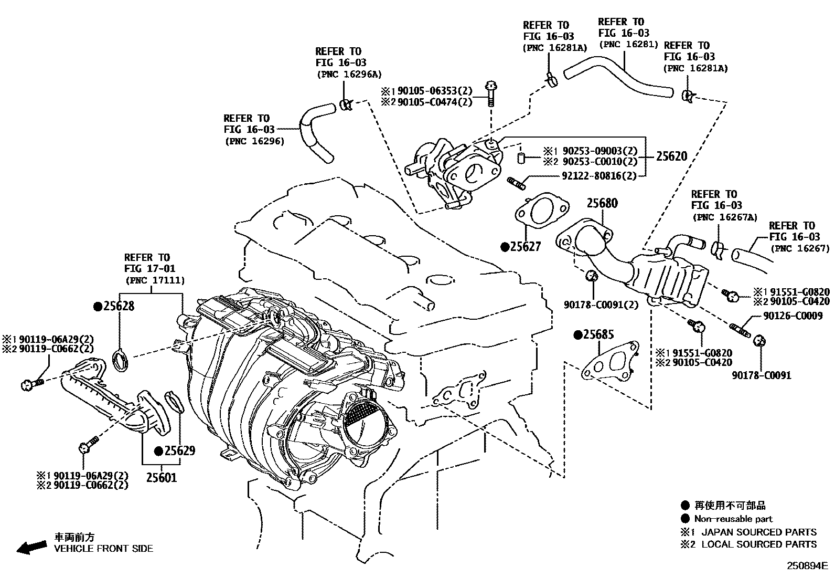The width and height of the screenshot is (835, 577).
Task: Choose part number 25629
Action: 179,450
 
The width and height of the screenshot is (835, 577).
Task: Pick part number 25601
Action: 161,478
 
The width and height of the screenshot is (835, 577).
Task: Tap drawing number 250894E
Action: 806,566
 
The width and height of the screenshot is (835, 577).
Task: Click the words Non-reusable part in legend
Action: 733,519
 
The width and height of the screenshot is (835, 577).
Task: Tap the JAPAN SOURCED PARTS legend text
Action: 758,532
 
